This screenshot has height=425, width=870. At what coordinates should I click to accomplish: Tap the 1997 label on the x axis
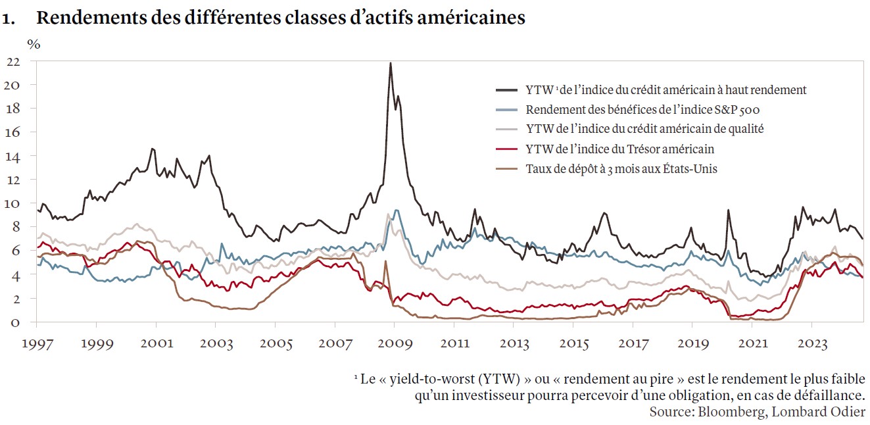coord(36,343)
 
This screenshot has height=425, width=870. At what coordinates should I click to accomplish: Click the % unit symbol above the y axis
coord(34,44)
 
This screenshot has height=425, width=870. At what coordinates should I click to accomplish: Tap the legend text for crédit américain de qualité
coord(645,130)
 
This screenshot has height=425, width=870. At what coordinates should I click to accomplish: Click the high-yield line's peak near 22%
coord(391,64)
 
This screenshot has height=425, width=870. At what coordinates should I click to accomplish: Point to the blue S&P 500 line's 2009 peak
coord(396,211)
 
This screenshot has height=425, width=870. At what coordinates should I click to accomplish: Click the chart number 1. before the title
coord(9,18)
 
